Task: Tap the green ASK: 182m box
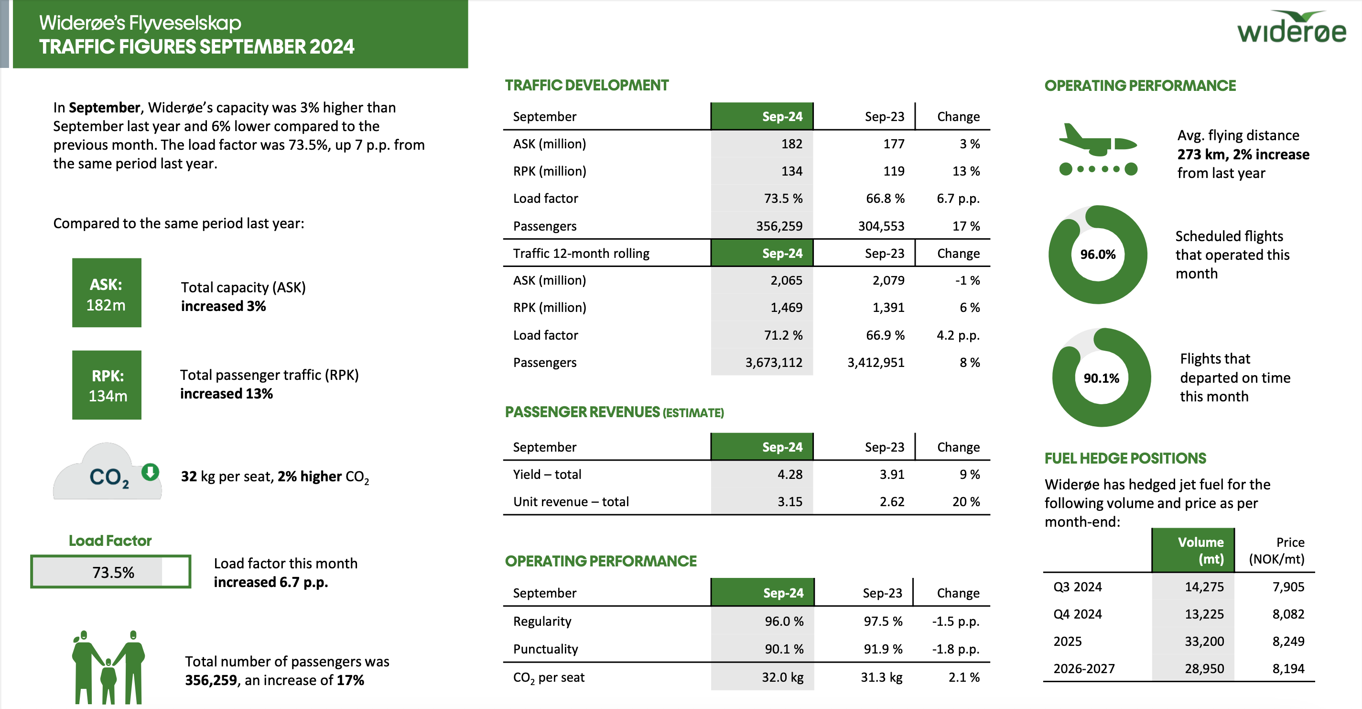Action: (x=107, y=293)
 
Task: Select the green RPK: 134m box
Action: (x=107, y=385)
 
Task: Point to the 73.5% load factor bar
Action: (x=110, y=571)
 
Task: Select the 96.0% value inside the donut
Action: (x=1098, y=255)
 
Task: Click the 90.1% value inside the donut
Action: (x=1102, y=378)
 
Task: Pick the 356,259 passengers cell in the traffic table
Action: (x=779, y=226)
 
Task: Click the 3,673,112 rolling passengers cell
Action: (x=774, y=363)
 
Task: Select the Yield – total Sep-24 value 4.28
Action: (x=789, y=474)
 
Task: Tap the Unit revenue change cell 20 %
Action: (x=965, y=501)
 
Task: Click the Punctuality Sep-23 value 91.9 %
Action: (x=883, y=649)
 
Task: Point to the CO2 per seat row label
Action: (x=549, y=677)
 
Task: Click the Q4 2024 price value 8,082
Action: (x=1288, y=614)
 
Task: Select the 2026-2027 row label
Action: (x=1084, y=669)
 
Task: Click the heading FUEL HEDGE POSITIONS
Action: (x=1125, y=458)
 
